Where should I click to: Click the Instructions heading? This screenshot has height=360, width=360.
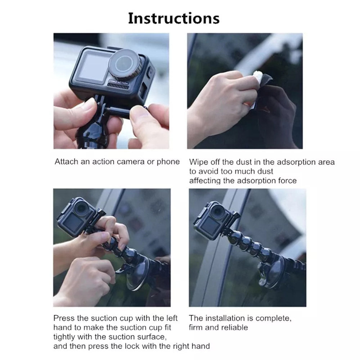pos(174,18)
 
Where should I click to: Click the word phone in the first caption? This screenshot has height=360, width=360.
pos(168,162)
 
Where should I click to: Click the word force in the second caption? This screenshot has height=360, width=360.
pos(287,181)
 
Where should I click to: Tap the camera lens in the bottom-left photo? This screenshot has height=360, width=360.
pos(82,207)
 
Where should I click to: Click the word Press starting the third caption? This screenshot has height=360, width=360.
pos(64,318)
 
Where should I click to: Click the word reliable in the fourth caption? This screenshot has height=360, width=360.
pos(235,328)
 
